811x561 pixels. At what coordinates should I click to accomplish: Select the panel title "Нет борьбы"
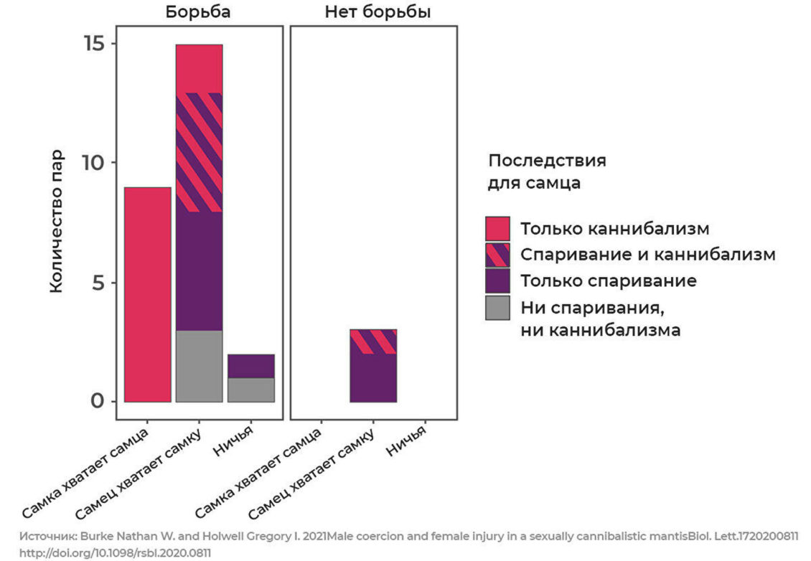click(x=378, y=12)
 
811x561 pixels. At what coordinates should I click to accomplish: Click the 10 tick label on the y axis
click(x=92, y=163)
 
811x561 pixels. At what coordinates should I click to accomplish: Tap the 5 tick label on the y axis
click(x=98, y=283)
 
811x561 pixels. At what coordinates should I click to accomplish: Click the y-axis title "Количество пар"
click(x=57, y=221)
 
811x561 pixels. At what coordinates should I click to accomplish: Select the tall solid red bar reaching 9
click(x=147, y=294)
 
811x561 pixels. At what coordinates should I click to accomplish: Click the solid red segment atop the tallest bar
click(x=199, y=69)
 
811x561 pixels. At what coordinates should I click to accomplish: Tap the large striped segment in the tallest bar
click(x=199, y=153)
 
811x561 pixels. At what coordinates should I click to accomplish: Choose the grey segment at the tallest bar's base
click(x=199, y=366)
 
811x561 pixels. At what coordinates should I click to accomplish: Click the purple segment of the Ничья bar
click(x=250, y=366)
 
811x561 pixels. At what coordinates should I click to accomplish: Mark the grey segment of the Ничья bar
click(x=250, y=390)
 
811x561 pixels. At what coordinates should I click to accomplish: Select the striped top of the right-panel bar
click(x=372, y=341)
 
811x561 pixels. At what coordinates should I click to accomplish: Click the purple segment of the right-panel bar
click(x=372, y=377)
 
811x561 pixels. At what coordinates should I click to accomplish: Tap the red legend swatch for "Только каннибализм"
click(x=497, y=230)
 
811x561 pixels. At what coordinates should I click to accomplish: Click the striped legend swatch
click(x=497, y=255)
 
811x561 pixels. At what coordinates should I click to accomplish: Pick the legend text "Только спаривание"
click(x=608, y=280)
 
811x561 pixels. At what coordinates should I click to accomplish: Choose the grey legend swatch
click(x=497, y=308)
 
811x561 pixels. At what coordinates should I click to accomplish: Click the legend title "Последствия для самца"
click(x=545, y=171)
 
